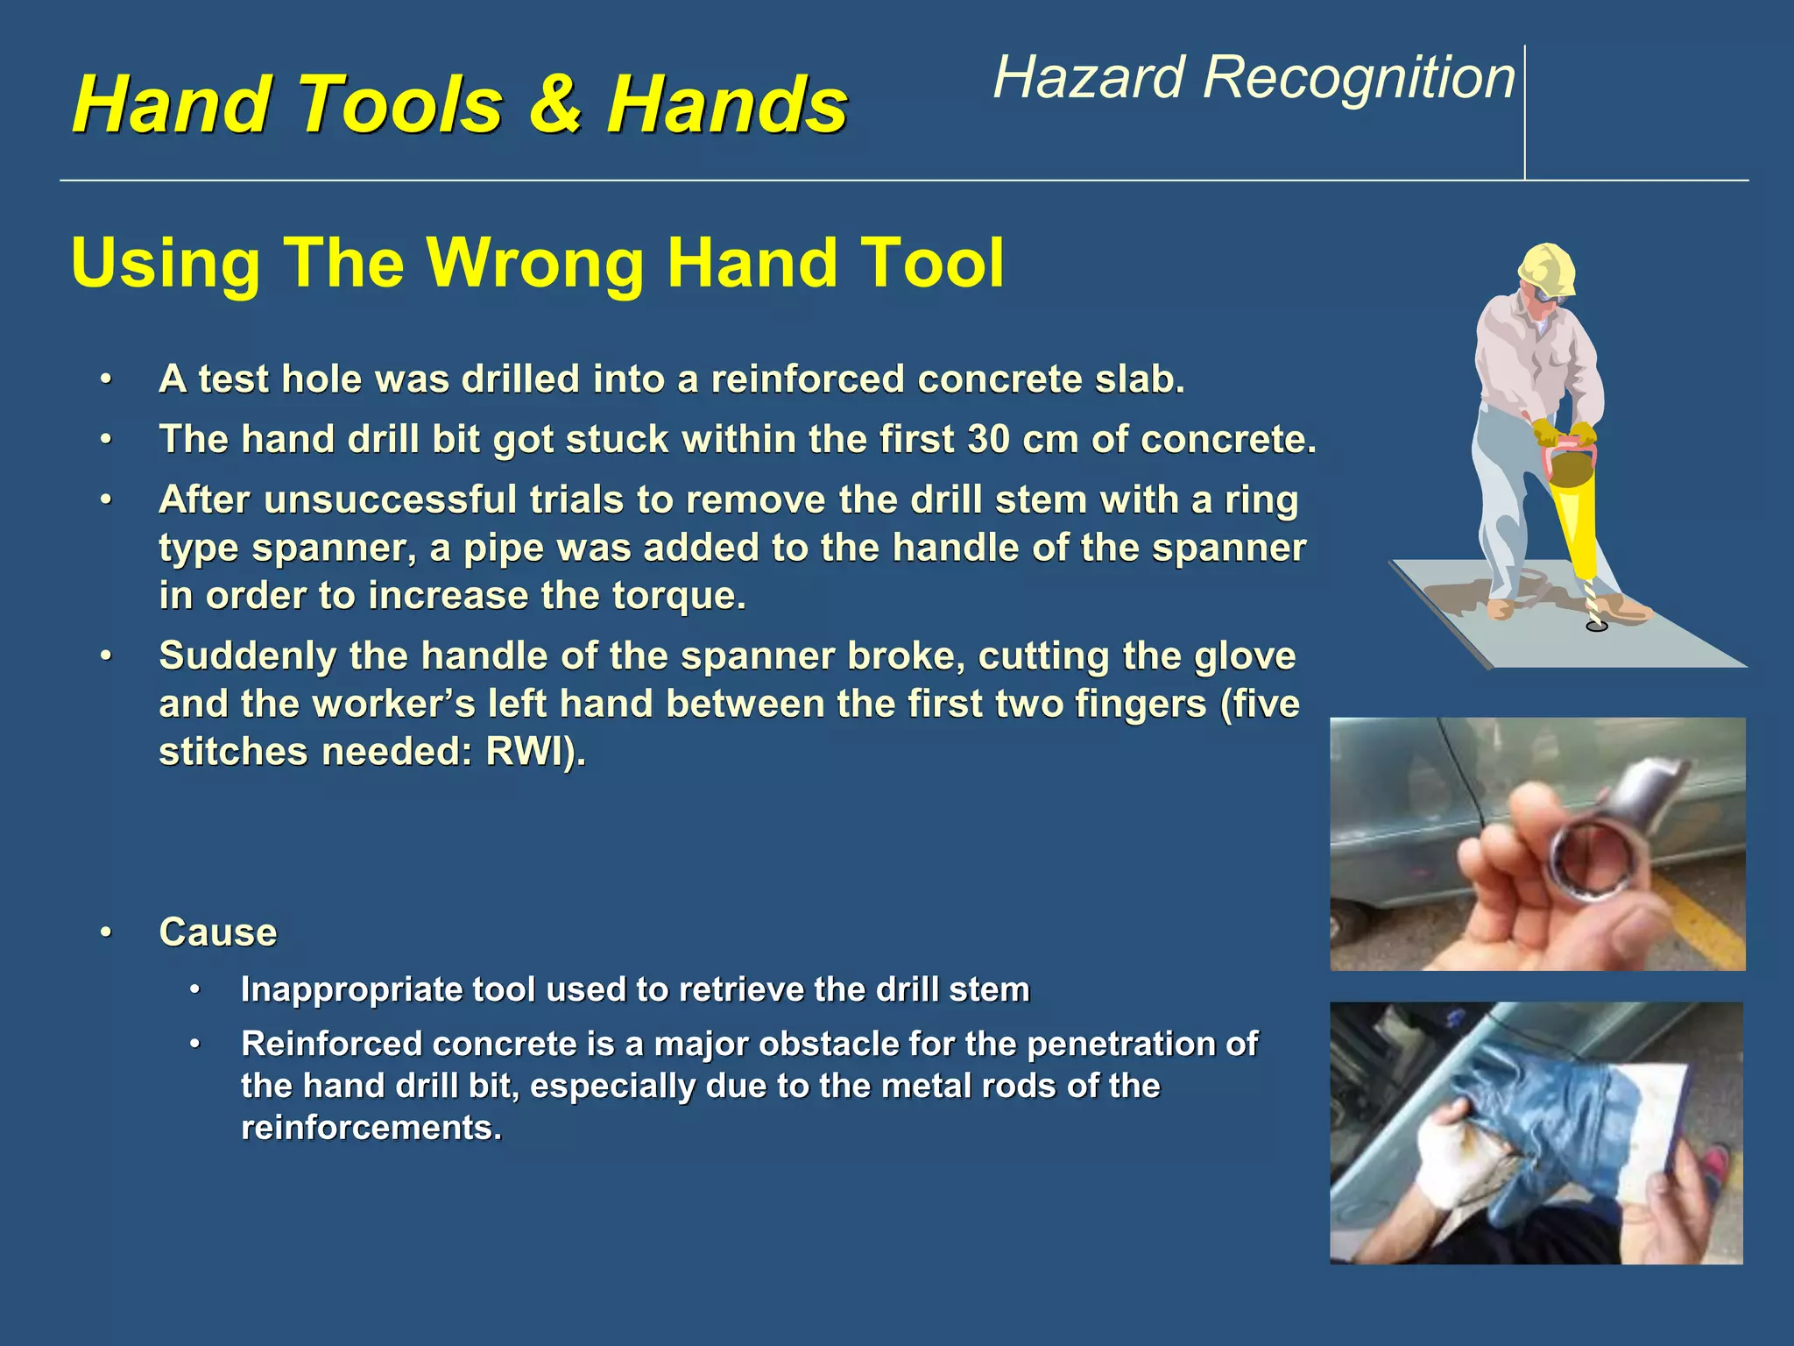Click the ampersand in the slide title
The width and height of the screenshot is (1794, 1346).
click(555, 105)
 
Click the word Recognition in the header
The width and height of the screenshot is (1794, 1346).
click(1359, 78)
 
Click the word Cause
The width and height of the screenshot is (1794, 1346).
click(217, 932)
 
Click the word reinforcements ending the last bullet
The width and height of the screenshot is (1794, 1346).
click(370, 1128)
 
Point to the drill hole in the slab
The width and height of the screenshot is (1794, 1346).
click(1597, 627)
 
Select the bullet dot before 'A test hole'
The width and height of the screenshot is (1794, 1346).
click(106, 380)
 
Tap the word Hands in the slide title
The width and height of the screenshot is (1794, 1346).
click(727, 105)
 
